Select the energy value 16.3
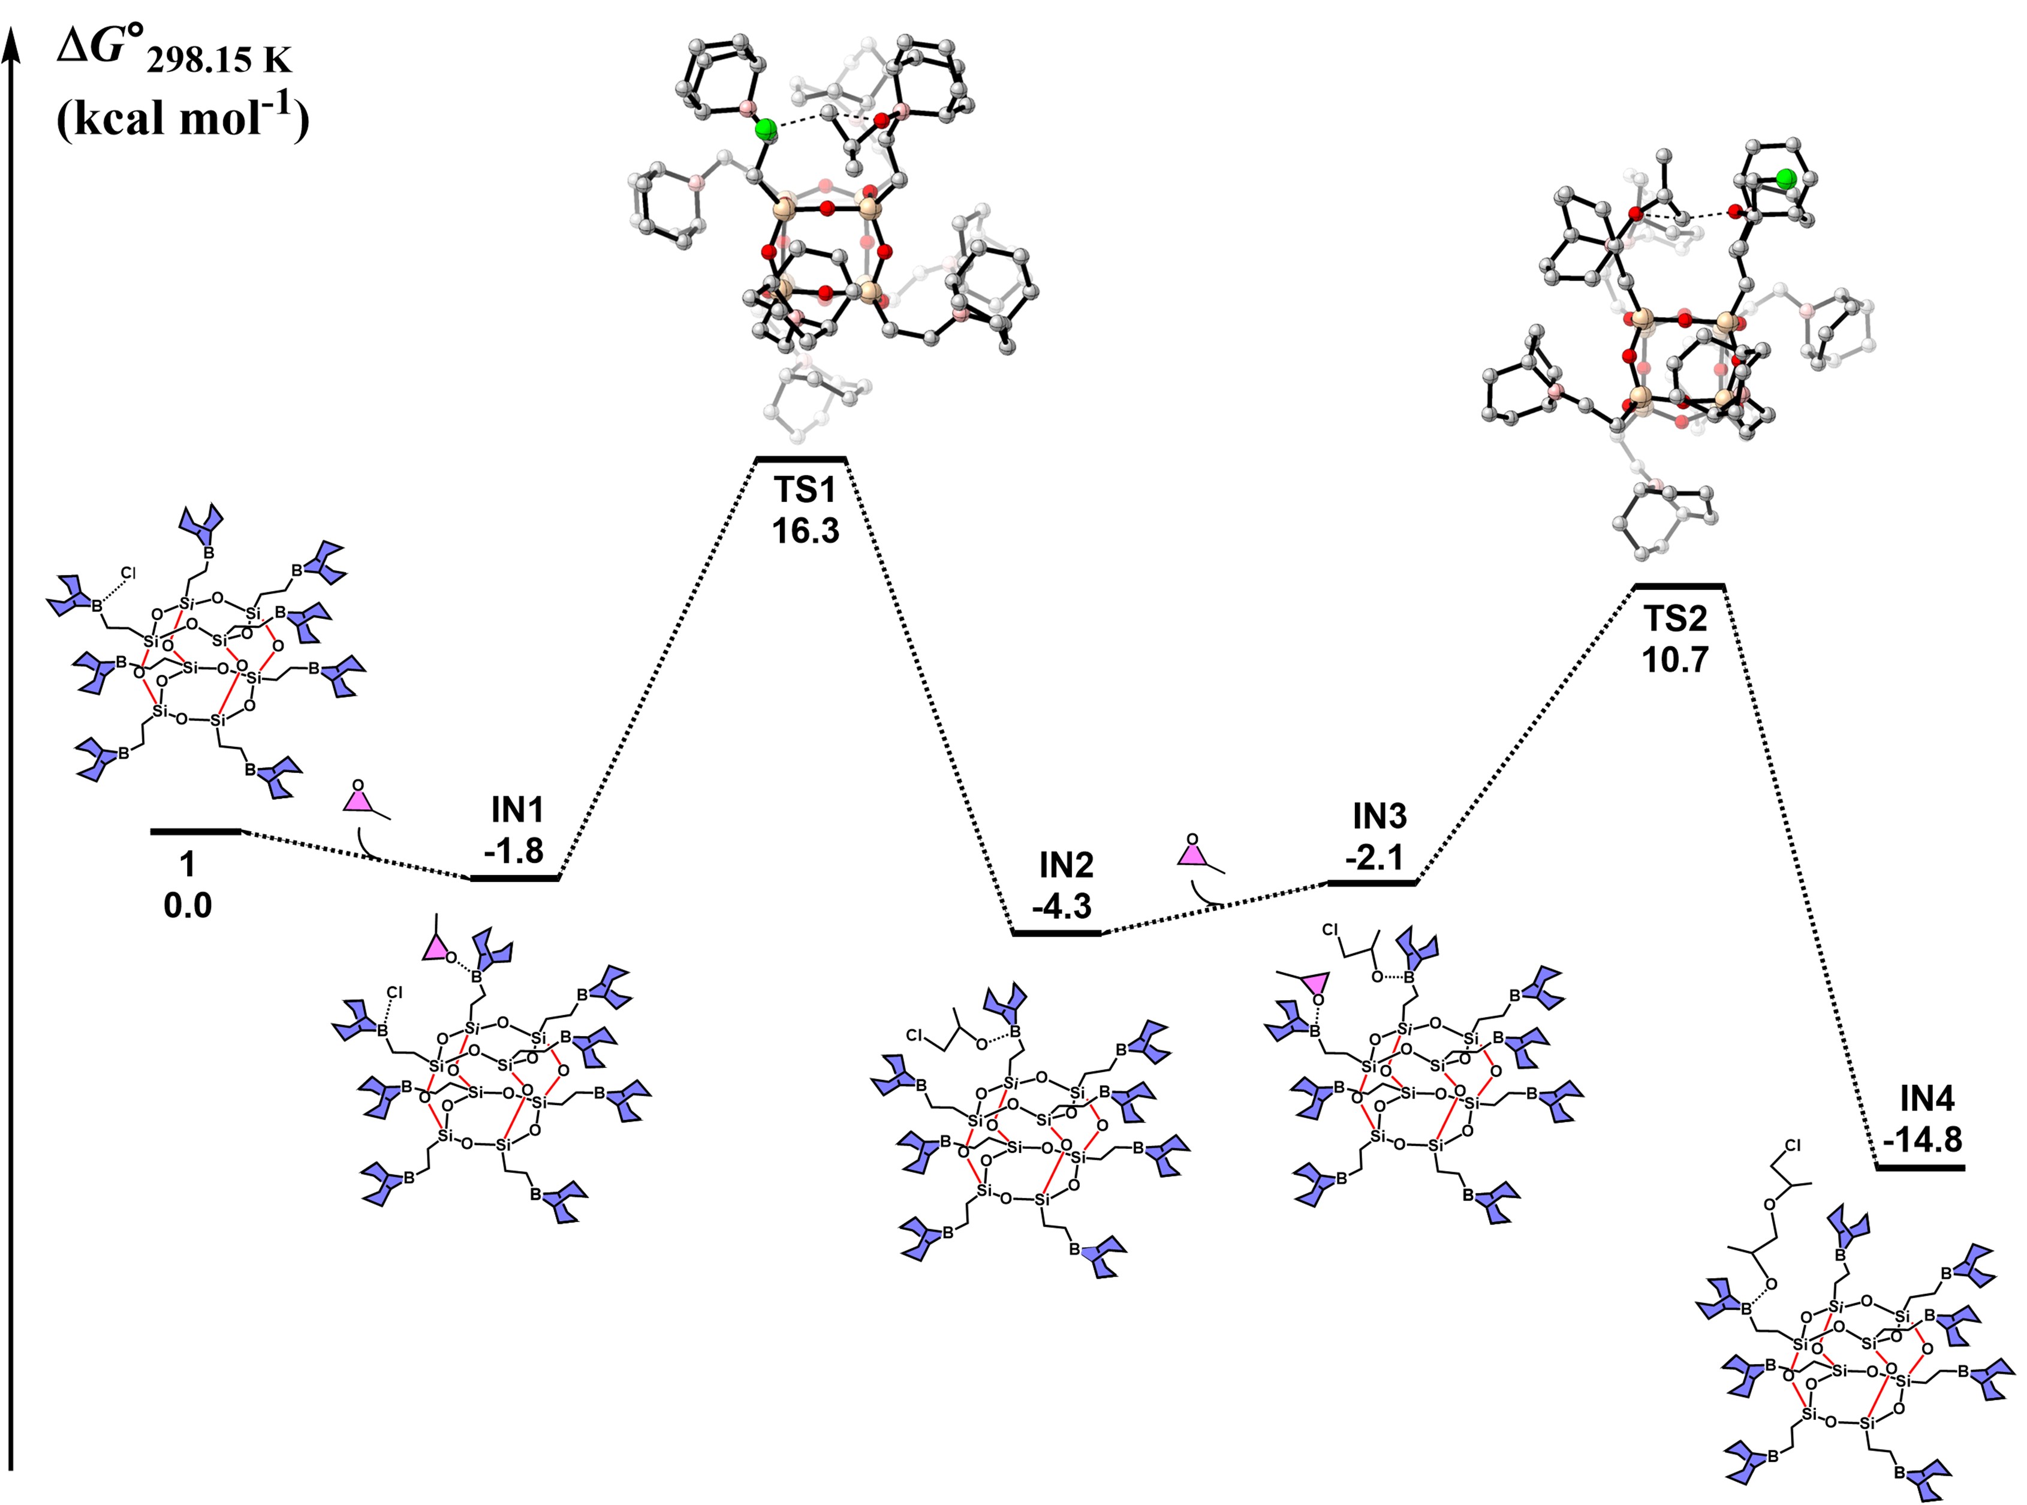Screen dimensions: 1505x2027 tap(805, 530)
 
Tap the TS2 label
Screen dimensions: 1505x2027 tap(1674, 619)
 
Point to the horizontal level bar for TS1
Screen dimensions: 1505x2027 tap(802, 459)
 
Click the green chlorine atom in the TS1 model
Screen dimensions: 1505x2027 tap(767, 128)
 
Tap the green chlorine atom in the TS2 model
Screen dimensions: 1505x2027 tap(1785, 179)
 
